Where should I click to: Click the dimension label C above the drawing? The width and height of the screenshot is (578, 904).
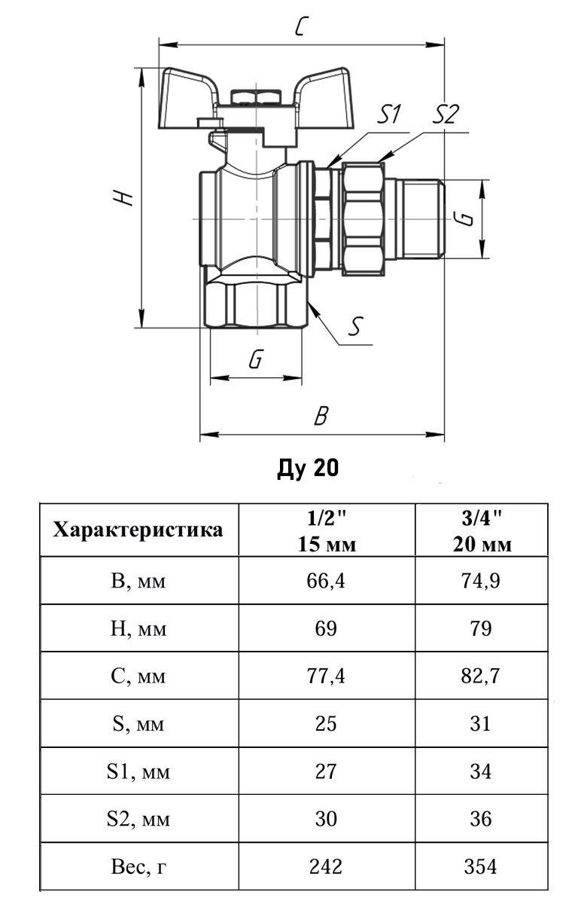[x=302, y=28]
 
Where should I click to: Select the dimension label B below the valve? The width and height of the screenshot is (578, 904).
[x=321, y=417]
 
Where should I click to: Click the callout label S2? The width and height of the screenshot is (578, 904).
[x=446, y=115]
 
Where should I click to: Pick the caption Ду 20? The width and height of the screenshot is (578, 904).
[x=308, y=469]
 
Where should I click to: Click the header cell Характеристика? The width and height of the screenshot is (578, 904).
[x=138, y=530]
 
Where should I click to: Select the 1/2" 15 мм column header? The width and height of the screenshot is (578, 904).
[x=326, y=530]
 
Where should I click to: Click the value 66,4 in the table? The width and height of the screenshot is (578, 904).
[x=326, y=581]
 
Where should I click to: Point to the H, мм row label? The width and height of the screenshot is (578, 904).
[x=138, y=628]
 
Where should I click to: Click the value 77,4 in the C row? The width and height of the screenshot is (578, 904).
[x=326, y=676]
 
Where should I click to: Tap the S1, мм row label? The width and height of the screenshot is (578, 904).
[x=138, y=771]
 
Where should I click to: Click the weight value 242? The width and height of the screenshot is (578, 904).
[x=326, y=867]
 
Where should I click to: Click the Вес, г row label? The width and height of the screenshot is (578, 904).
[x=138, y=867]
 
